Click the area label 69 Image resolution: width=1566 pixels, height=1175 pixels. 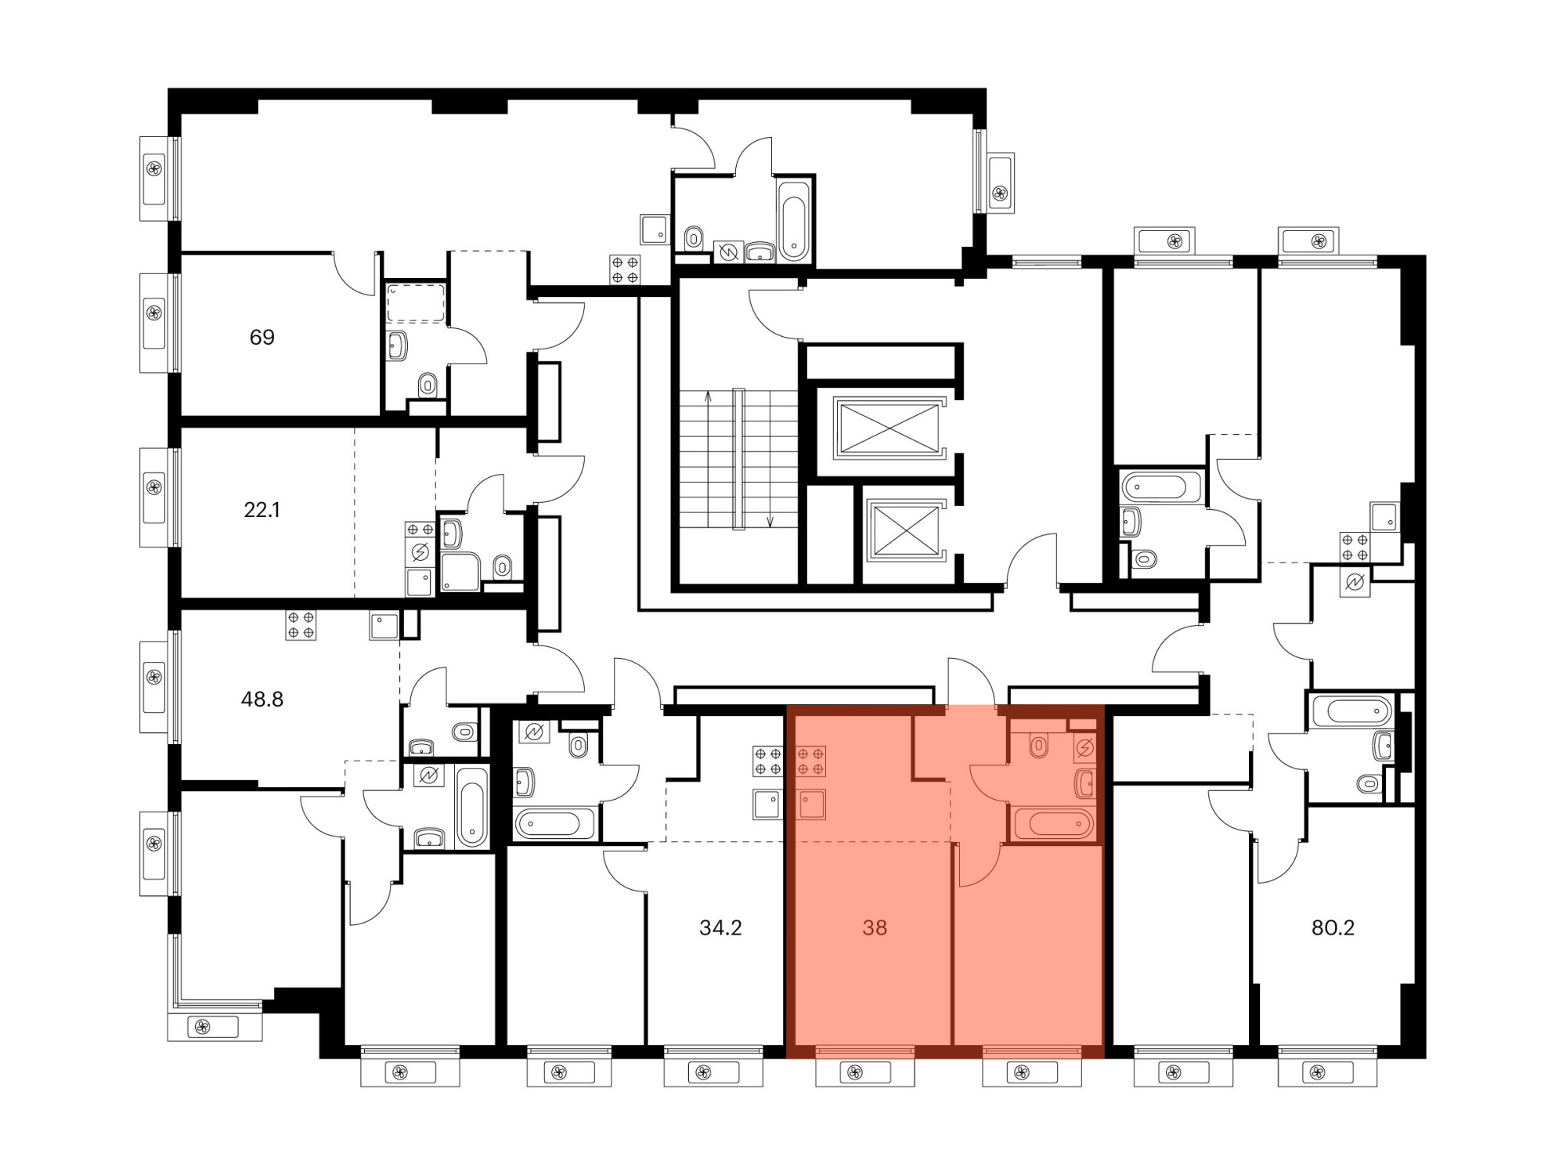[262, 338]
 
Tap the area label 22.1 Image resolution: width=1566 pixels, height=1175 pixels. [262, 510]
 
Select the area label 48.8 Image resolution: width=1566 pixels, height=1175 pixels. [262, 700]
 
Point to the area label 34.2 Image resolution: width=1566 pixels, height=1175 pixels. [720, 928]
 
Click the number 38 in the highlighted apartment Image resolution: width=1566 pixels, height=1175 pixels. [875, 928]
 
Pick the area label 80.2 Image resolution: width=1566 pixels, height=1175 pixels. [1333, 928]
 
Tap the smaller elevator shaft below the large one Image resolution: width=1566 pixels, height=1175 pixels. [905, 531]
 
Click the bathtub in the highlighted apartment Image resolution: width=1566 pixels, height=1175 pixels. [1054, 823]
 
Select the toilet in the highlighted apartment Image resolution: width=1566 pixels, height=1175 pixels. [1038, 747]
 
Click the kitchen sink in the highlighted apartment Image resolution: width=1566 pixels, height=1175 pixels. [811, 804]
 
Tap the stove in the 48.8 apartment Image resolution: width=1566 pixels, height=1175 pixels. [301, 625]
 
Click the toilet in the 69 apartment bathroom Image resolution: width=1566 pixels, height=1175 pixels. [428, 385]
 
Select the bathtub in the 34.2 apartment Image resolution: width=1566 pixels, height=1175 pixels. [554, 823]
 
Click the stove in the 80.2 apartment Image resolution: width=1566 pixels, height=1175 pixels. [1355, 548]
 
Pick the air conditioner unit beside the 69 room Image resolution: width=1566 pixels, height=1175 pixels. [154, 323]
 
